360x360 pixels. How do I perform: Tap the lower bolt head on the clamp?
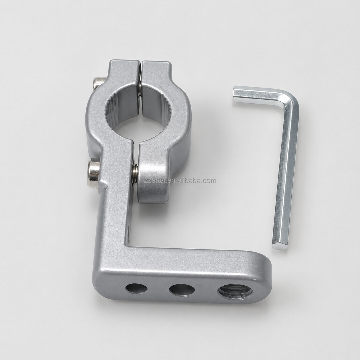pos(94,172)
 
